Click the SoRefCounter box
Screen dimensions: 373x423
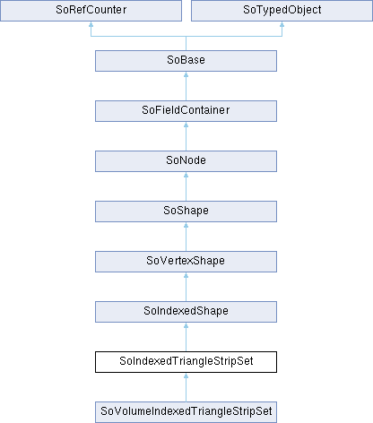click(x=91, y=11)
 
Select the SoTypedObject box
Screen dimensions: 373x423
click(x=282, y=11)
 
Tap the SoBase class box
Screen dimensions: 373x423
click(x=186, y=61)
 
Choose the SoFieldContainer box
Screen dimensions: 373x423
click(x=186, y=111)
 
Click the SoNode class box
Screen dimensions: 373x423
click(x=186, y=161)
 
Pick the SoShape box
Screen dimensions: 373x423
click(x=186, y=211)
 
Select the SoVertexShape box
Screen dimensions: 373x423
click(x=186, y=262)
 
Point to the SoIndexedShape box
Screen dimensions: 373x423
click(x=186, y=312)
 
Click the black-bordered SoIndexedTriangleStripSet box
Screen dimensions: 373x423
click(x=186, y=362)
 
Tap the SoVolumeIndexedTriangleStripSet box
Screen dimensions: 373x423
click(x=186, y=412)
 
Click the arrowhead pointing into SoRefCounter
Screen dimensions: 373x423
click(x=91, y=24)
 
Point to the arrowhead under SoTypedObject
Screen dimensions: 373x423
click(x=282, y=24)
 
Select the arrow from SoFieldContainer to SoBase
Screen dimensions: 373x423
click(x=186, y=86)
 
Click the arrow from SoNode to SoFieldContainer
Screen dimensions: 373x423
click(x=186, y=136)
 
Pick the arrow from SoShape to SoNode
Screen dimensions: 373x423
click(x=186, y=186)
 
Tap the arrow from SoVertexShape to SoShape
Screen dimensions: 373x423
click(x=186, y=237)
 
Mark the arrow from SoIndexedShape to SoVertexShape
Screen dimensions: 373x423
click(x=186, y=287)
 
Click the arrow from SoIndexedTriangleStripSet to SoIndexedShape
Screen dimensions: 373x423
click(x=186, y=337)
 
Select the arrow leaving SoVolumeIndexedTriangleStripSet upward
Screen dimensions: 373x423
click(x=186, y=387)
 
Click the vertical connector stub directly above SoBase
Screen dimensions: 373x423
click(x=186, y=43)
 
